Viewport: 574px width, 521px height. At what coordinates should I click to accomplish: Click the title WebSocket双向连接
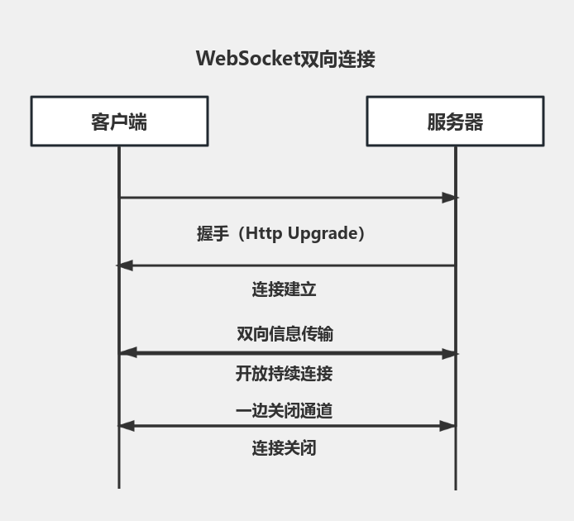point(285,60)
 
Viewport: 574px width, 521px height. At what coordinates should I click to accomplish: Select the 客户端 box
point(119,122)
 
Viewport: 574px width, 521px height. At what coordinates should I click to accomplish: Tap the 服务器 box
point(455,122)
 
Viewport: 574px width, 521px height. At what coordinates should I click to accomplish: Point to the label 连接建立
point(284,289)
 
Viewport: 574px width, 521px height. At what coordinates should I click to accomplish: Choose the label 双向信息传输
point(285,334)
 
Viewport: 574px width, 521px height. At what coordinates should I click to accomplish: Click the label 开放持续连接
point(284,374)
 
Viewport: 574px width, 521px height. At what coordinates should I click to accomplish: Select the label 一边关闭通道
point(284,411)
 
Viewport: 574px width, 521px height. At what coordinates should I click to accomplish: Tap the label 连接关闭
point(284,448)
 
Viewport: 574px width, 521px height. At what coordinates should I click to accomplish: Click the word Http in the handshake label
point(264,234)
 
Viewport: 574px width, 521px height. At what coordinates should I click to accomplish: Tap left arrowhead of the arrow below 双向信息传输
point(127,353)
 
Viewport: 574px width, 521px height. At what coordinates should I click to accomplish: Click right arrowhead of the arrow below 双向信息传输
point(449,353)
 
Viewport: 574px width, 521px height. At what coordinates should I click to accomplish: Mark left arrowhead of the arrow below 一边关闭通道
point(127,426)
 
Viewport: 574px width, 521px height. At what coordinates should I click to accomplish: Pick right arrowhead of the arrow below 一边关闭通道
point(448,426)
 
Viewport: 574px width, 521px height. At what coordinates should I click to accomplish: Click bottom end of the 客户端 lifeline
point(119,486)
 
